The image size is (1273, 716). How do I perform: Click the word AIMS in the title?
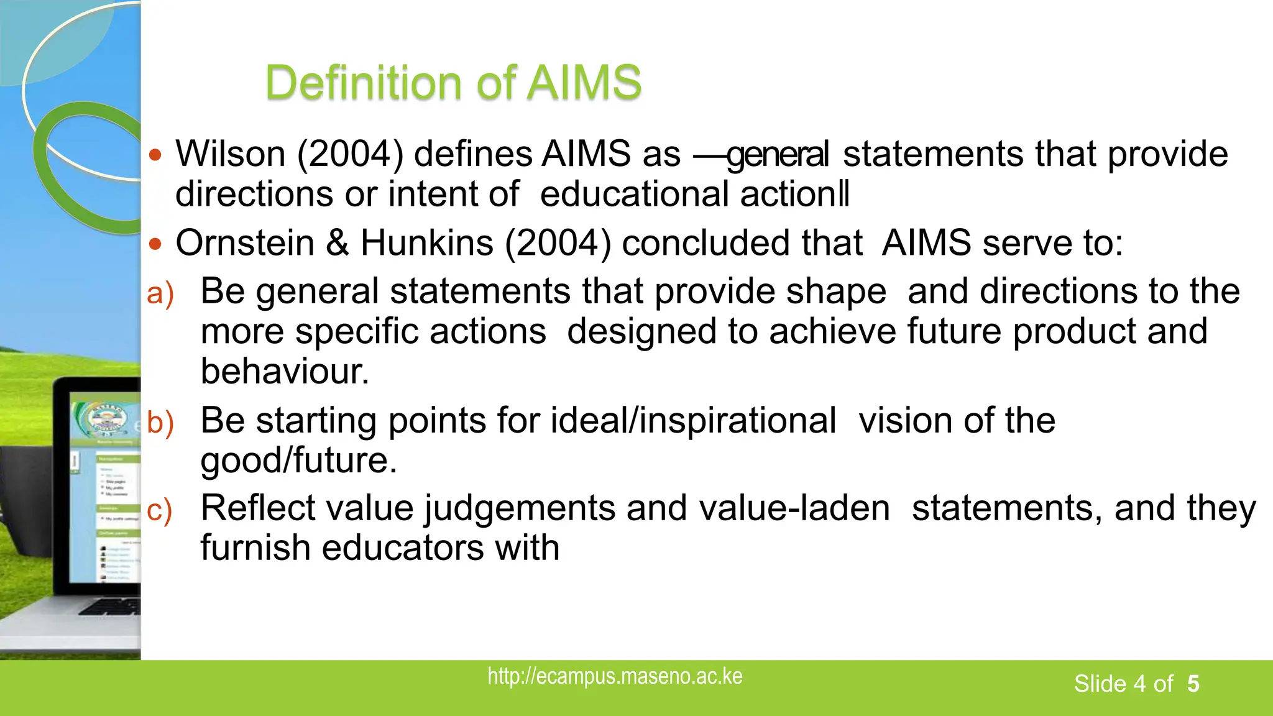point(584,83)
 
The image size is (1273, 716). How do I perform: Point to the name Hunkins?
point(427,242)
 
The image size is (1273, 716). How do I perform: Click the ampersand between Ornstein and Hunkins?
point(337,242)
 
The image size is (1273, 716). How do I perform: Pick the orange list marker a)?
point(160,293)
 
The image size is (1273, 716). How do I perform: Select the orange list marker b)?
point(160,423)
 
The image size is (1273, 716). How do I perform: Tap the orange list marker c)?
point(159,510)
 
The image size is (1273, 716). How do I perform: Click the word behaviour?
point(285,371)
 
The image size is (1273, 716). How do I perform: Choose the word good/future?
point(298,461)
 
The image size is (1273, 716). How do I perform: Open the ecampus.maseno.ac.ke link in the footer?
point(615,676)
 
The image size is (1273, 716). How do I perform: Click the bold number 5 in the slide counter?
point(1193,684)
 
